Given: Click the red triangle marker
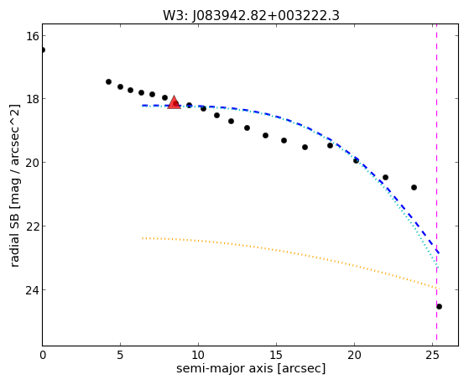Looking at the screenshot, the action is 174,102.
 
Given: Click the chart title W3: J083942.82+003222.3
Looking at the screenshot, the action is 251,16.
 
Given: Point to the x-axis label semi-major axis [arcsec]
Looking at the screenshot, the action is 251,368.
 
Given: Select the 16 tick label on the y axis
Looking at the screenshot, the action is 32,36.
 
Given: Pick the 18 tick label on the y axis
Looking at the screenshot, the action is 32,99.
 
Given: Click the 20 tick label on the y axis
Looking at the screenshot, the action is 32,163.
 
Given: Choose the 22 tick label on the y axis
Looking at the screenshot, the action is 32,226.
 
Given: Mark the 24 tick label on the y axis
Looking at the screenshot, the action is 32,290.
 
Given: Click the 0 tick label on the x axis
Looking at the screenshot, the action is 43,355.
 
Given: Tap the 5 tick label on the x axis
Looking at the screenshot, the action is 120,355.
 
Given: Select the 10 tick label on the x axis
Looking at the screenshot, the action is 198,355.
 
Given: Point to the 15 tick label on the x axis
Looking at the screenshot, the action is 276,355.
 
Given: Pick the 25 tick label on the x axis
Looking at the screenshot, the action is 432,355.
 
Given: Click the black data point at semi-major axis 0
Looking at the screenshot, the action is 43,49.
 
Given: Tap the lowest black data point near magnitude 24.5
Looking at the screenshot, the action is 439,307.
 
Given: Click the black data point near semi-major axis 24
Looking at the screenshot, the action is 414,188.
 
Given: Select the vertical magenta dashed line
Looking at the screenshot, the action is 436,183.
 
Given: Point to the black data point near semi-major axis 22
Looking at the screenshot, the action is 386,177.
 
